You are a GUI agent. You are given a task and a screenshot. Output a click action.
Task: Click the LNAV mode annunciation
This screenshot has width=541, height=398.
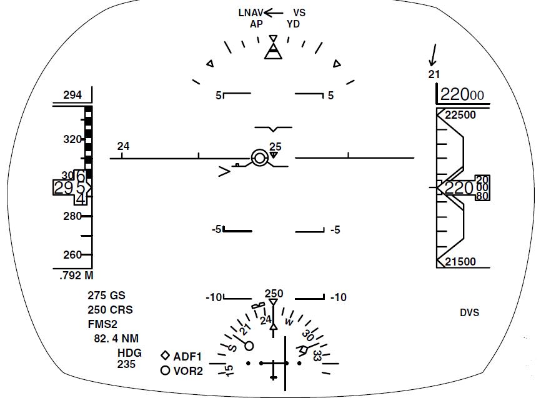[x=250, y=12]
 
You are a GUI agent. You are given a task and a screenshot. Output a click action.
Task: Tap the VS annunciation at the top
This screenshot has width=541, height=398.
[x=299, y=12]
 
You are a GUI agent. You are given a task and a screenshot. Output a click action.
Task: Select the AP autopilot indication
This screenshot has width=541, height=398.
[x=256, y=24]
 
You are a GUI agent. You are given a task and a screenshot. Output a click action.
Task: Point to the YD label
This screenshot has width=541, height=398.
[x=293, y=24]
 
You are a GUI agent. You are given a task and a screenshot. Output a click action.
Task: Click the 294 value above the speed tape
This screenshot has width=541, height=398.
[x=72, y=95]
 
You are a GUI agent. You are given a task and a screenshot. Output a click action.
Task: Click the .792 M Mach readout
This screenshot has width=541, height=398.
[x=76, y=275]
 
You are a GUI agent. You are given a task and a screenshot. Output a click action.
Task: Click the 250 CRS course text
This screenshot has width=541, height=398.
[x=110, y=310]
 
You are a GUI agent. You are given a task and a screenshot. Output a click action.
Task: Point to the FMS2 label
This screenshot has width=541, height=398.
[x=103, y=324]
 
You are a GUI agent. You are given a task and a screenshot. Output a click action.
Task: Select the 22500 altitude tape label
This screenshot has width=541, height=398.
[x=460, y=115]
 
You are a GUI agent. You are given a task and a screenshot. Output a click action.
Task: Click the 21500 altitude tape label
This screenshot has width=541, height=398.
[x=460, y=262]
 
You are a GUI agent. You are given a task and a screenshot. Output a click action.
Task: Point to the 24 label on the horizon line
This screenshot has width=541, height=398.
[x=124, y=146]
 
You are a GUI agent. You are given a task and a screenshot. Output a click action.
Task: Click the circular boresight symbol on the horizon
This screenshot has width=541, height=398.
[x=259, y=158]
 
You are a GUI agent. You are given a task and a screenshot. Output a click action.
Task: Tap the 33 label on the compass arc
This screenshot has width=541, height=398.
[x=317, y=356]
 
